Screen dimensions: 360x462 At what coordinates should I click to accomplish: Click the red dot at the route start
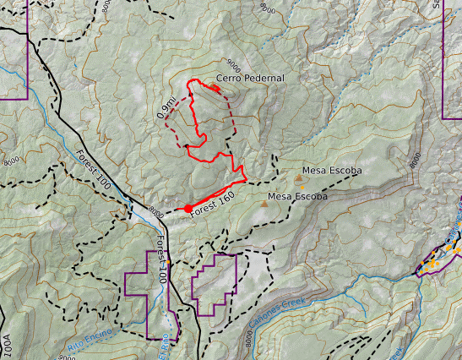pyautogui.click(x=188, y=208)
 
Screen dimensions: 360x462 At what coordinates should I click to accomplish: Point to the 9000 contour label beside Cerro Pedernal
pyautogui.click(x=236, y=64)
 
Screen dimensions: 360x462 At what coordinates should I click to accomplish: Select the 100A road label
pyautogui.click(x=8, y=346)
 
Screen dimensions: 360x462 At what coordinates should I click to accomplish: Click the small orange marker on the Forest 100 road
pyautogui.click(x=168, y=262)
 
